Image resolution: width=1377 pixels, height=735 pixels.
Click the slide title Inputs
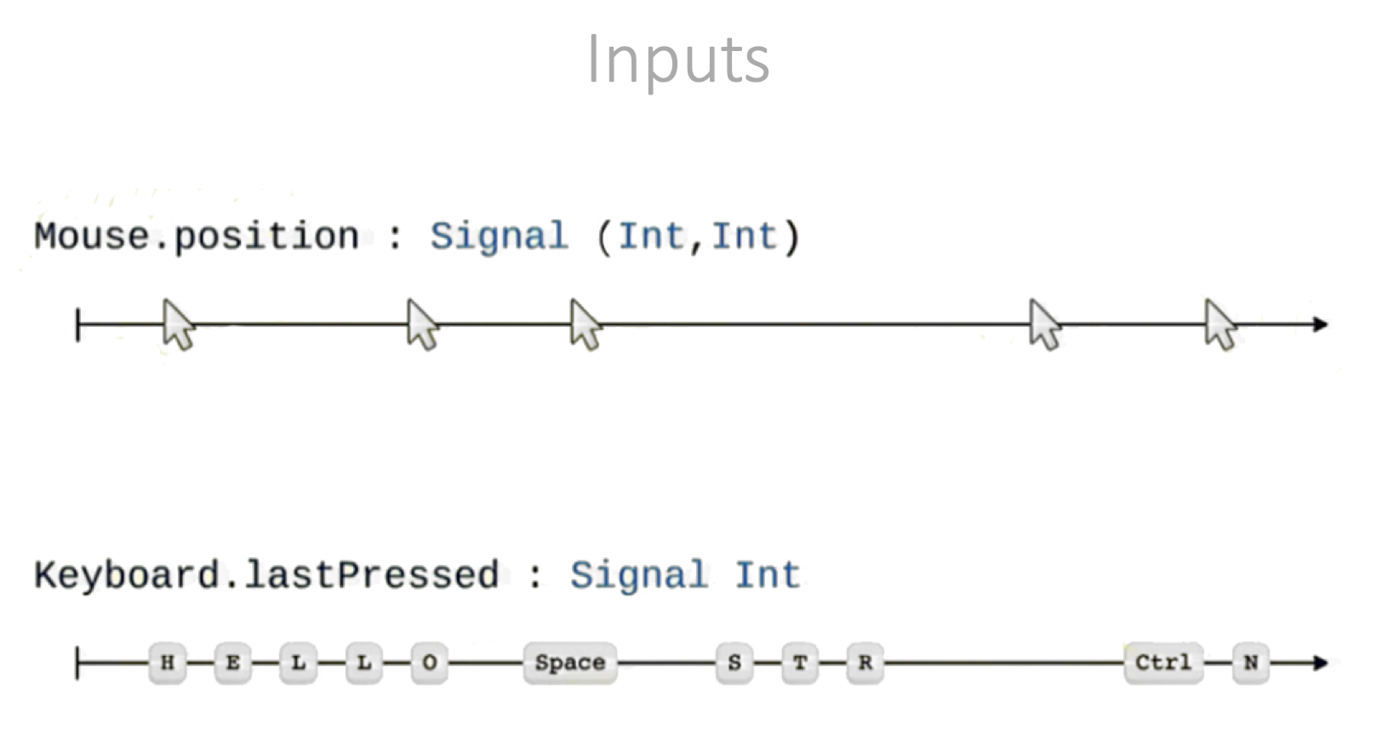(678, 60)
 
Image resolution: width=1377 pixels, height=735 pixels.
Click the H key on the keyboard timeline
(168, 663)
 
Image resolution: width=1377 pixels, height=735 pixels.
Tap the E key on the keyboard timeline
(232, 663)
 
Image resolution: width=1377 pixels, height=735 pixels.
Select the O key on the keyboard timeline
(430, 663)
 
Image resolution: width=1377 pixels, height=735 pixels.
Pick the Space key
(569, 663)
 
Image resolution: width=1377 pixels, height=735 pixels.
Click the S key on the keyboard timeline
(734, 663)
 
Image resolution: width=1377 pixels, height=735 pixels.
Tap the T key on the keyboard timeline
(800, 663)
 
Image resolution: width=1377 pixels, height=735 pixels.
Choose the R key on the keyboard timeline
(865, 663)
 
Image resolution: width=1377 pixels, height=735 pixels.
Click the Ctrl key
(1163, 663)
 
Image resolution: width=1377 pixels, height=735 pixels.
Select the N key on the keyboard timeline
(1251, 663)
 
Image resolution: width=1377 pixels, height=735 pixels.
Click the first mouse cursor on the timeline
(178, 324)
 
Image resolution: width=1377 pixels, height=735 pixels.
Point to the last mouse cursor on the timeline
(1220, 324)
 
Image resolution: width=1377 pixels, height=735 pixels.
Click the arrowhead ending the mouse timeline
(1320, 324)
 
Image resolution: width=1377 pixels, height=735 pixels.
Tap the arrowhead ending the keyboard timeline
(1320, 663)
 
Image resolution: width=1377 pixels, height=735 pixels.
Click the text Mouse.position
(197, 236)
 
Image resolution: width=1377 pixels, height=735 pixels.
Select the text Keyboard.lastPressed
(266, 575)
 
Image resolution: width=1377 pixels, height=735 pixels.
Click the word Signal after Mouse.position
(499, 236)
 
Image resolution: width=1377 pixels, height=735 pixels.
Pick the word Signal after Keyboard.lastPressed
(638, 575)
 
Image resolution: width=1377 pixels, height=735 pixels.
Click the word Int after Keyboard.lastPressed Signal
(768, 575)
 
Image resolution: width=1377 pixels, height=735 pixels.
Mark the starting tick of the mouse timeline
(78, 325)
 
